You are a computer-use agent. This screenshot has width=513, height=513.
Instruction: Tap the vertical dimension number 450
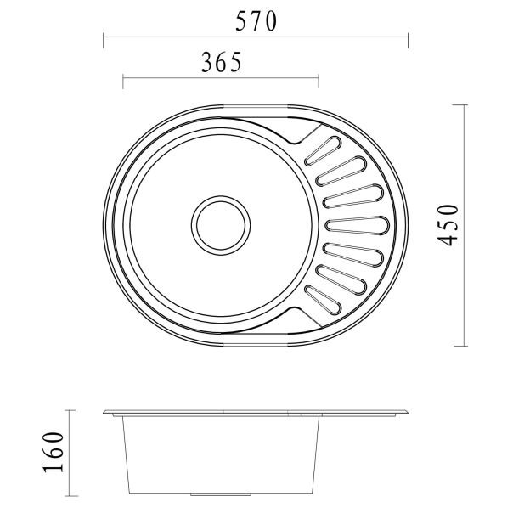453,224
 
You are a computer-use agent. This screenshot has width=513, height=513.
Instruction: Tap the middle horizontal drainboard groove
357,225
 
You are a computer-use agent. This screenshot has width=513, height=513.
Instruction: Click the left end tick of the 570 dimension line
103,37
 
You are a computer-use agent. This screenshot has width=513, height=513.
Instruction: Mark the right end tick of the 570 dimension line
409,37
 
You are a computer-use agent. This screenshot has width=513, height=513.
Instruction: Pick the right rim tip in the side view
410,414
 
